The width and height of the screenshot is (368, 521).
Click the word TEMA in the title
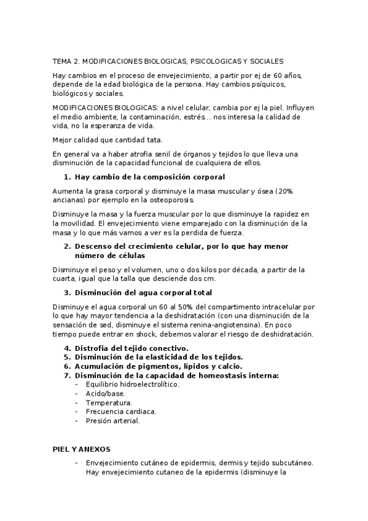click(x=61, y=61)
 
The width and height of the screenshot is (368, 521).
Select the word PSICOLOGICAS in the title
click(x=215, y=61)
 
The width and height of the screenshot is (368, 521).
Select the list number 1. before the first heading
click(x=68, y=177)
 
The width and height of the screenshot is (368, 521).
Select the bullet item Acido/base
click(x=105, y=393)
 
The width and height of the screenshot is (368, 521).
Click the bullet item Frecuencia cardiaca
click(x=121, y=412)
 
